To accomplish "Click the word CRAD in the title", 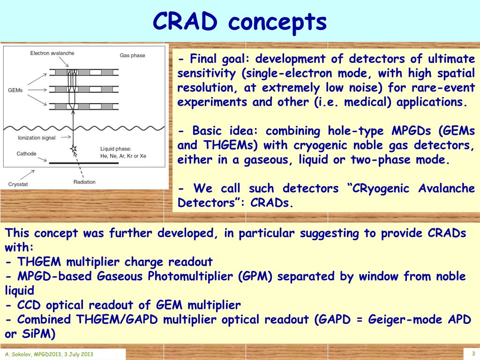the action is pyautogui.click(x=185, y=22).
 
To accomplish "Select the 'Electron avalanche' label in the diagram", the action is pyautogui.click(x=52, y=53).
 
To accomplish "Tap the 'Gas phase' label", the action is pyautogui.click(x=132, y=55).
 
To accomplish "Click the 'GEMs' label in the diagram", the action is pyautogui.click(x=15, y=90).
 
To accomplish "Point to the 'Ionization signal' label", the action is pyautogui.click(x=37, y=138).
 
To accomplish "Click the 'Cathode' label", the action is pyautogui.click(x=26, y=154).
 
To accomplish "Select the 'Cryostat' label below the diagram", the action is pyautogui.click(x=18, y=184).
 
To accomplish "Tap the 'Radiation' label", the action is pyautogui.click(x=84, y=182).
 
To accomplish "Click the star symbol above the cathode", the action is pyautogui.click(x=73, y=149).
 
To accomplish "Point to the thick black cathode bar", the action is pyautogui.click(x=84, y=163).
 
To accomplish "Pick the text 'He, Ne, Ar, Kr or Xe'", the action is pyautogui.click(x=123, y=156).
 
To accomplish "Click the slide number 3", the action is pyautogui.click(x=473, y=353).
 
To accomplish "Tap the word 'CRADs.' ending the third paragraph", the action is pyautogui.click(x=272, y=202).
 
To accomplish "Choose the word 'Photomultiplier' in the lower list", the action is pyautogui.click(x=190, y=277).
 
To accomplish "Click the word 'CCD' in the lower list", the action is pyautogui.click(x=29, y=305).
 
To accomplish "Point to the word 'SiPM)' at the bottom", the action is pyautogui.click(x=38, y=334).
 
